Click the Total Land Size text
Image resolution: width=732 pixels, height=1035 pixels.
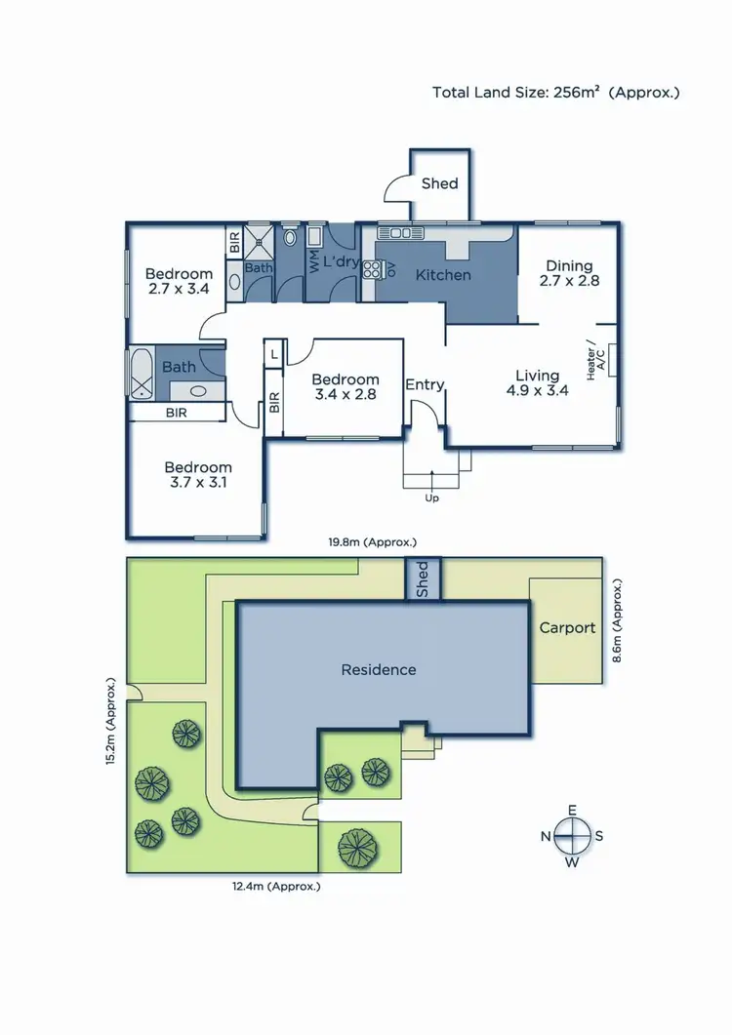point(555,93)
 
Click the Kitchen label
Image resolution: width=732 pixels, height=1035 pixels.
point(443,275)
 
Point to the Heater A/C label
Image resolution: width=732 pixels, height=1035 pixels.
point(594,359)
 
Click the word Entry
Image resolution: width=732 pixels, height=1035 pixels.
point(425,384)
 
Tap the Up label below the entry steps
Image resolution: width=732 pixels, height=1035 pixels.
point(431,498)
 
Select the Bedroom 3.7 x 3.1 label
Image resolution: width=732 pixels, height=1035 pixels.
point(198,475)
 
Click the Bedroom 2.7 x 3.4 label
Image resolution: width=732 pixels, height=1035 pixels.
point(179,281)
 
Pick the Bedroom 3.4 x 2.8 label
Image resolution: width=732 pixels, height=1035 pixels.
point(345,387)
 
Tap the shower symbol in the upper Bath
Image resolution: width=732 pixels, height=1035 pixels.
point(260,237)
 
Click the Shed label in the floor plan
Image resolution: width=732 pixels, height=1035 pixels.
point(439,182)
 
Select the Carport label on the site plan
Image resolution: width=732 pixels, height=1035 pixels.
point(567,627)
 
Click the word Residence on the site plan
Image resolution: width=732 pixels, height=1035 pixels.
point(378,669)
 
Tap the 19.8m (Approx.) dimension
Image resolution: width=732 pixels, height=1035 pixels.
point(373,541)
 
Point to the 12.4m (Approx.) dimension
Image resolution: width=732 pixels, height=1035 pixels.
point(275,887)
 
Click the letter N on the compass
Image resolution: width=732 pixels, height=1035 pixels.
point(546,836)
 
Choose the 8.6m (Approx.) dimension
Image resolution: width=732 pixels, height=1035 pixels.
point(617,621)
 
